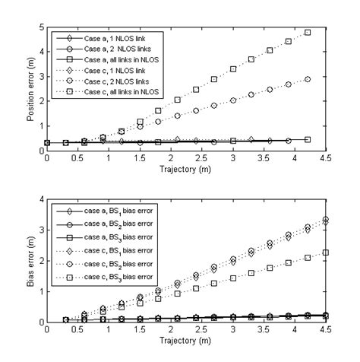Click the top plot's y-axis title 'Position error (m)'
coord(28,88)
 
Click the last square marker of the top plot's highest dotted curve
coord(308,33)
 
